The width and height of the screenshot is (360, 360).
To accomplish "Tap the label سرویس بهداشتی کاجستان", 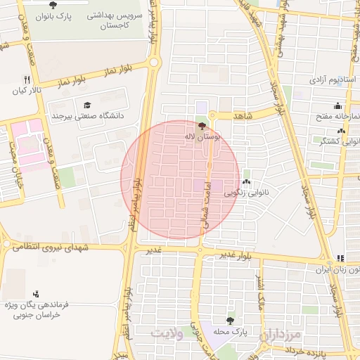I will (x=115, y=19).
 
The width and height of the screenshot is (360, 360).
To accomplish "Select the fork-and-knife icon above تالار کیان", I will (x=27, y=79).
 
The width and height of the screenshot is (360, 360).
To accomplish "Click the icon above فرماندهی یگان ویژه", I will (x=36, y=294).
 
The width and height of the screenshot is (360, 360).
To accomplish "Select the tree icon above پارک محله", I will (x=230, y=319).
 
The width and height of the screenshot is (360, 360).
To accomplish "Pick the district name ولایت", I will (x=169, y=333).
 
